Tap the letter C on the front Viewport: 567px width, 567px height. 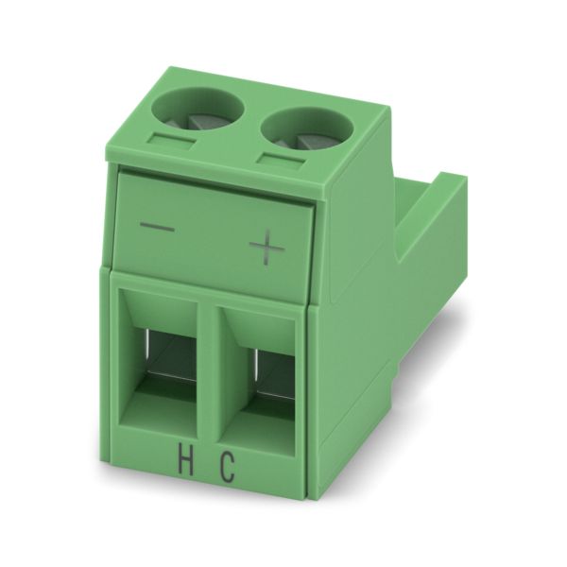coord(227,469)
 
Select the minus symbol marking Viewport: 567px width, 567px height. coord(157,228)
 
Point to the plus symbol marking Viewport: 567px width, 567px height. coord(266,248)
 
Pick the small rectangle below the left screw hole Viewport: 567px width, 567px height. coord(172,141)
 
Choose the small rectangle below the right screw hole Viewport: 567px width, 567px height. coord(282,162)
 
